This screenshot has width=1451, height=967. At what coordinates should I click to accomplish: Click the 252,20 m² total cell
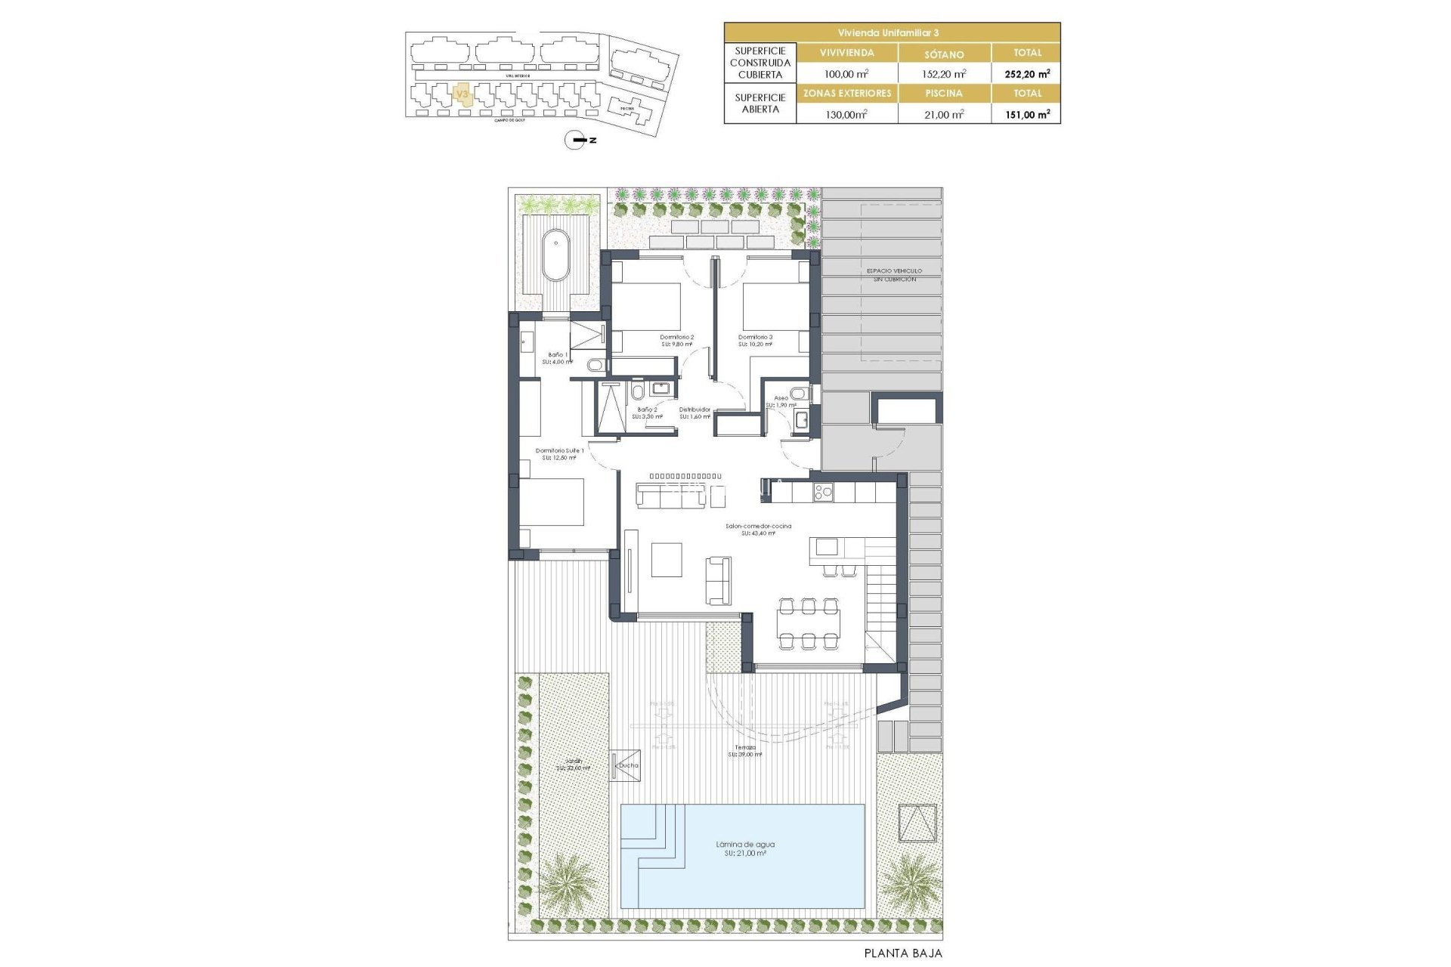1026,74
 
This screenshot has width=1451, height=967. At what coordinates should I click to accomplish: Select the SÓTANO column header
944,54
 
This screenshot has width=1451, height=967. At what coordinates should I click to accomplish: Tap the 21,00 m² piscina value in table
944,114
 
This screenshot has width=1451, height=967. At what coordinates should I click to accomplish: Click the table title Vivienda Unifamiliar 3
892,32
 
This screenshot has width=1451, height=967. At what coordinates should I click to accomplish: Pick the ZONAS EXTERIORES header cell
847,93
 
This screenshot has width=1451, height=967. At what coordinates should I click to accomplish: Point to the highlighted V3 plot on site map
463,94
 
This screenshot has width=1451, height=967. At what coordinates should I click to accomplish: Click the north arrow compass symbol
576,140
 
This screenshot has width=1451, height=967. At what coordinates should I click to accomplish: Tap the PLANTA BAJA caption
903,953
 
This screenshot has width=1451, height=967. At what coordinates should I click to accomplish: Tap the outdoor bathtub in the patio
556,255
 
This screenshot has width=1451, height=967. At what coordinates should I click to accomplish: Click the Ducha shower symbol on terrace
626,765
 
